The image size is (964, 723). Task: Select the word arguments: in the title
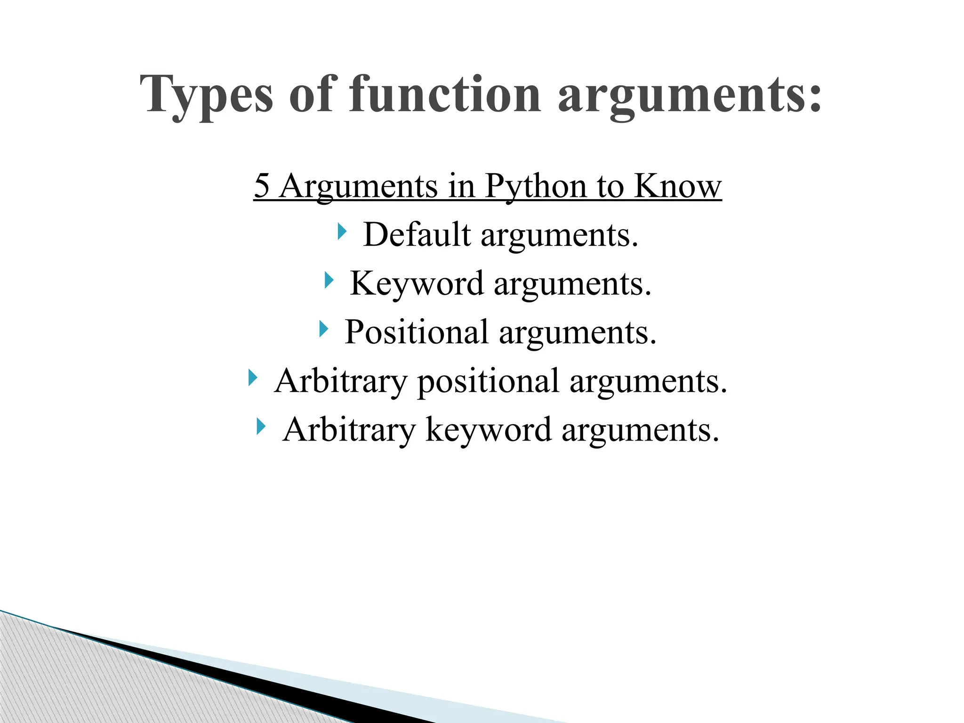[x=690, y=96]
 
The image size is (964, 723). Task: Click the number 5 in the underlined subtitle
[x=262, y=185]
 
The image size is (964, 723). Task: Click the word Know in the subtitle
[x=677, y=185]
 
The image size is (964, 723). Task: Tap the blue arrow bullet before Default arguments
[x=342, y=232]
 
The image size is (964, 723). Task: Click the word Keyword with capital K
[x=417, y=283]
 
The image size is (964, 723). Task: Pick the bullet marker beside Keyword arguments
[x=329, y=281]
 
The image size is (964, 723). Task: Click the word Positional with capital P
[x=417, y=332]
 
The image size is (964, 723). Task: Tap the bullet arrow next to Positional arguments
[x=323, y=329]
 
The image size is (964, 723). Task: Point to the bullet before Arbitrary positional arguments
[x=253, y=378]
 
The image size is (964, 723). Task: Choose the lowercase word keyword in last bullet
[x=488, y=430]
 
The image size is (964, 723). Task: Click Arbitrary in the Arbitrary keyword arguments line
[x=349, y=429]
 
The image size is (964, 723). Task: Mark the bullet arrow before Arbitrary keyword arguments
[x=261, y=426]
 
